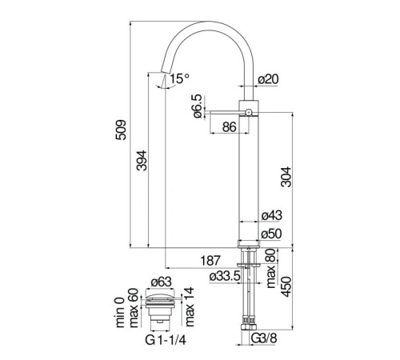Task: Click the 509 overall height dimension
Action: point(121,130)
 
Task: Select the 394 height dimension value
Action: point(142,161)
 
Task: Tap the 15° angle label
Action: point(179,78)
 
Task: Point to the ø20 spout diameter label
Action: point(269,79)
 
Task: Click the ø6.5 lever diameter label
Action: point(198,106)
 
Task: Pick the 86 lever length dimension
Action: point(230,127)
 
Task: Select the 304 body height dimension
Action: point(286,177)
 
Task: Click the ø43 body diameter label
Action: point(271,215)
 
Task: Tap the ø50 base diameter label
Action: point(271,234)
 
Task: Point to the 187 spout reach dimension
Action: point(210,261)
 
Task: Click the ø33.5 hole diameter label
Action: point(225,277)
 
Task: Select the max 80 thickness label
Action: point(270,268)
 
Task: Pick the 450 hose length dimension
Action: point(286,286)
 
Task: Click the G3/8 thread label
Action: point(264,338)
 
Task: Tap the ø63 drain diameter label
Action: point(161,282)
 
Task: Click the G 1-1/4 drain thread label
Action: point(166,340)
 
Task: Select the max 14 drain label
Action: point(189,307)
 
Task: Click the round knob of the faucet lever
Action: point(248,113)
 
